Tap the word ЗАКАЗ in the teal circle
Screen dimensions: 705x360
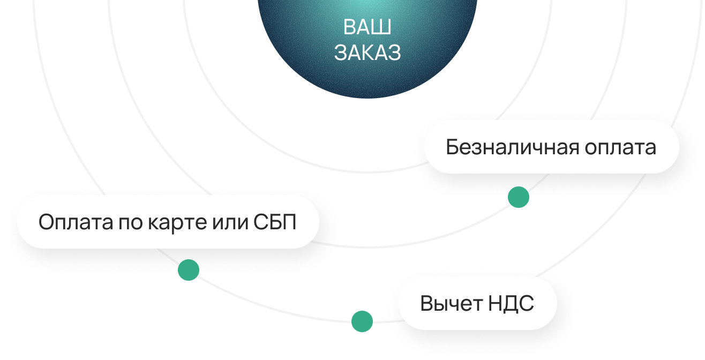pos(367,53)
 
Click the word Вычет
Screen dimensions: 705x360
pos(451,304)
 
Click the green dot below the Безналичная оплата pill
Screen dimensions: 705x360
pos(518,197)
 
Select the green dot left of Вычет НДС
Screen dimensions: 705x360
pos(362,321)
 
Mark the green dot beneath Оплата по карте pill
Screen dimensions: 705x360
pos(188,269)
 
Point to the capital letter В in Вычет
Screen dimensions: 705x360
pos(426,304)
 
